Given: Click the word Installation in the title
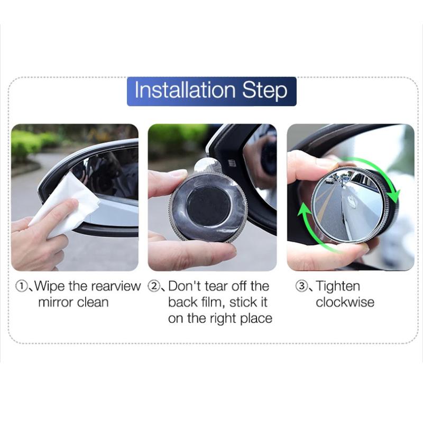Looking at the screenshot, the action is (x=185, y=90).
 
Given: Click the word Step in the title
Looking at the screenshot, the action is (x=265, y=91).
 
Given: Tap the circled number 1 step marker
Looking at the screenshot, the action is (x=21, y=286).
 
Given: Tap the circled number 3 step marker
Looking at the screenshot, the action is (x=301, y=286).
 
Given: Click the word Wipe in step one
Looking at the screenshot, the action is (x=50, y=287).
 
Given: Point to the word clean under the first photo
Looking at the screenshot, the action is (x=93, y=302).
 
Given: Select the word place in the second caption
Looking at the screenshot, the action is (x=256, y=319).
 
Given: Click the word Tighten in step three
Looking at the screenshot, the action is (x=338, y=287).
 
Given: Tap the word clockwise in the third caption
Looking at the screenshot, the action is (x=345, y=302).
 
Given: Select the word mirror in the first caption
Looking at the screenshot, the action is (x=56, y=302).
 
